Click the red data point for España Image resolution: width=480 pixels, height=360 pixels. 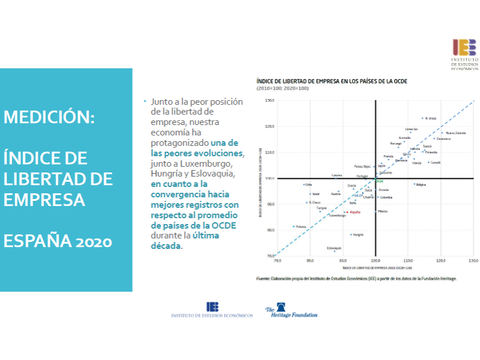(x=347, y=212)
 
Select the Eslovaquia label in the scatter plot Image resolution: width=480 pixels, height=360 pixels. (x=334, y=248)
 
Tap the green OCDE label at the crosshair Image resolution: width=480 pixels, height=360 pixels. (x=379, y=181)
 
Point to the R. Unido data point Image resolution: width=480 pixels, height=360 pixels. (x=423, y=118)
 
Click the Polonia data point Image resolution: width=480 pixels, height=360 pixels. (x=294, y=226)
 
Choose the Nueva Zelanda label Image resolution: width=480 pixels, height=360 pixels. (x=456, y=133)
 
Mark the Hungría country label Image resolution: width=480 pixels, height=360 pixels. (x=358, y=235)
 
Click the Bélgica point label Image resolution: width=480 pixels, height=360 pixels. (x=421, y=185)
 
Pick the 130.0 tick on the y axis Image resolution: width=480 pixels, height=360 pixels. (x=269, y=100)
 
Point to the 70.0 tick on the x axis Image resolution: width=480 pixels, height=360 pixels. (x=277, y=261)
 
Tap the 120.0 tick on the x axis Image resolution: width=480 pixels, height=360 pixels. (x=441, y=261)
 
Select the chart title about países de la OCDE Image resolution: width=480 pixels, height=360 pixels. (x=332, y=82)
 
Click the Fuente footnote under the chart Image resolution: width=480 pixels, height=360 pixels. (x=356, y=278)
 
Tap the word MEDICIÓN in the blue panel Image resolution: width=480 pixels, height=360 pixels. (x=49, y=117)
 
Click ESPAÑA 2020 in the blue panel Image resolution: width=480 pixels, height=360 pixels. (x=58, y=241)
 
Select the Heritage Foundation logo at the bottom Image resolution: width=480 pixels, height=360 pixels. (x=291, y=311)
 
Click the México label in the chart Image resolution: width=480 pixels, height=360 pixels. (x=382, y=212)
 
